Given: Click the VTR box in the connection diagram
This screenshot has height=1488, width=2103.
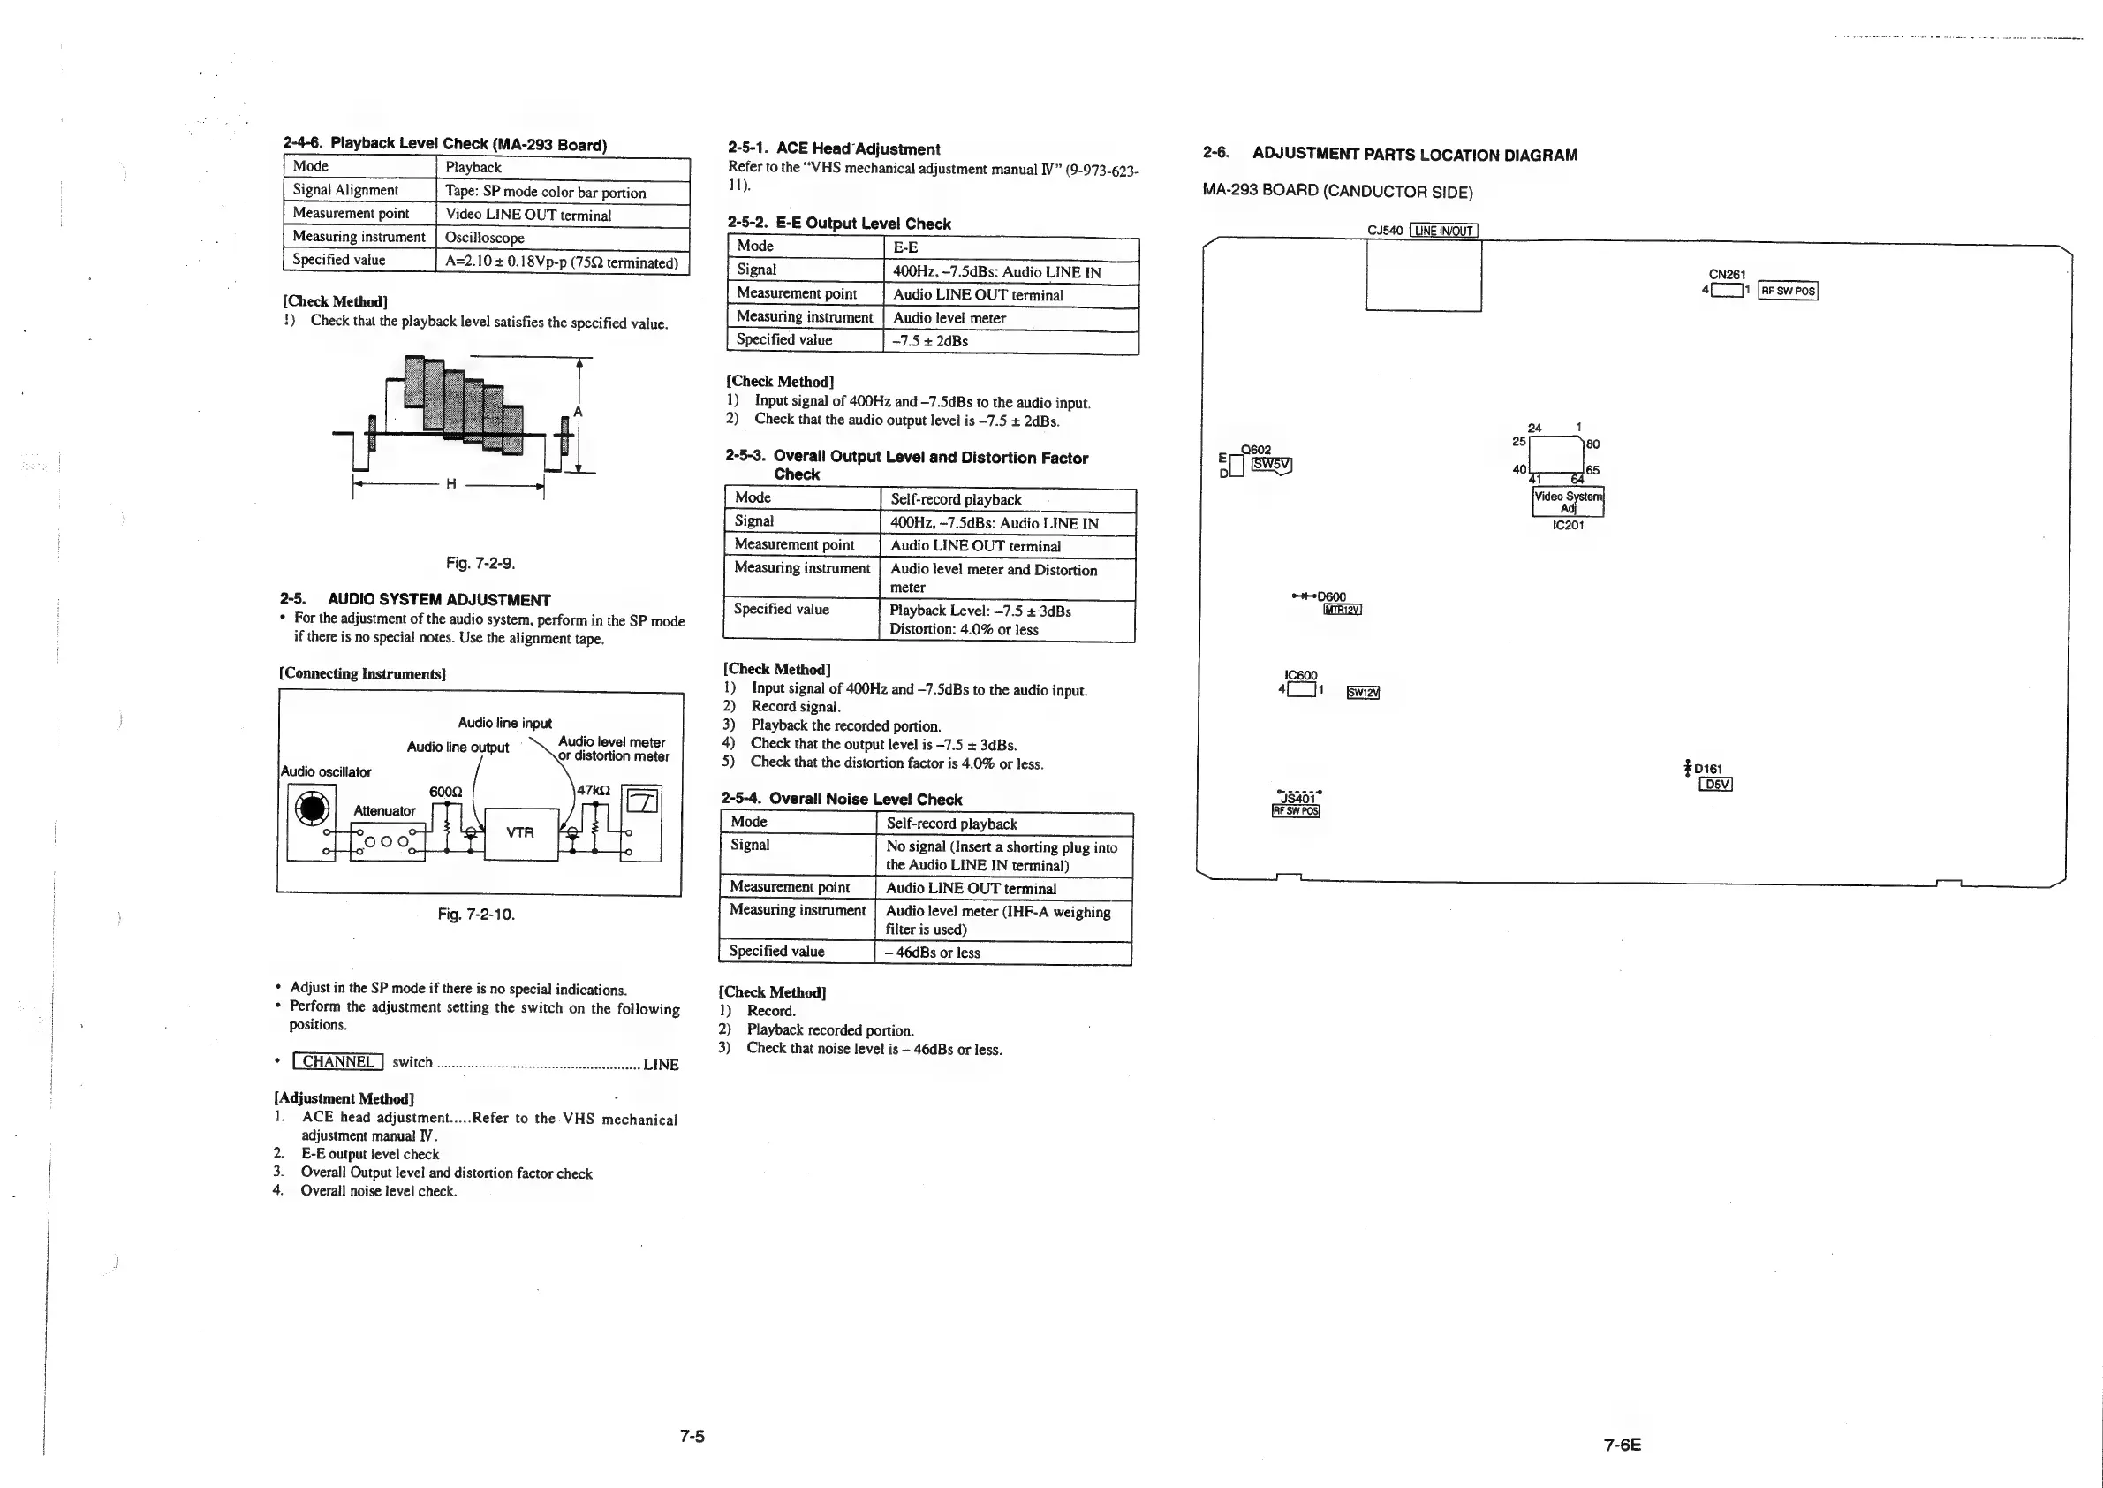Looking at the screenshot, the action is (520, 833).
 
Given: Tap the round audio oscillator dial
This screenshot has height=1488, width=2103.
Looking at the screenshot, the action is (313, 809).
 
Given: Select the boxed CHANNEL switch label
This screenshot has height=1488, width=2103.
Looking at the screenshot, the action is (338, 1062).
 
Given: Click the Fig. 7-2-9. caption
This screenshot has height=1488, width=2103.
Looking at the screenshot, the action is (480, 563).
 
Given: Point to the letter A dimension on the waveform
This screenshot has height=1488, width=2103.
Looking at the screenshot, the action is (578, 413).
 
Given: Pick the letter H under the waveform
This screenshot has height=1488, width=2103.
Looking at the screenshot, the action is (450, 484).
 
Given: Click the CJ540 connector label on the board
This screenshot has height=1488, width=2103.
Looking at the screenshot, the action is (1384, 230).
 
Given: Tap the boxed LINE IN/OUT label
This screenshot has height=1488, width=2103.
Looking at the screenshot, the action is (1443, 230).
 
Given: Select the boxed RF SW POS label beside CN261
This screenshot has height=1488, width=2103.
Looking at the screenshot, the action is (1788, 291).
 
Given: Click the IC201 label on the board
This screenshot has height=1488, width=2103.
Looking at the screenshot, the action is (1568, 525).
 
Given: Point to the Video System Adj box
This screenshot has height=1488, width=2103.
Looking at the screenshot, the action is (1568, 502).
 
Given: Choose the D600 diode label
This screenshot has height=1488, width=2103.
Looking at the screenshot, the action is (1331, 596).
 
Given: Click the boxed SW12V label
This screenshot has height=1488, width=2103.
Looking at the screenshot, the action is (1363, 693).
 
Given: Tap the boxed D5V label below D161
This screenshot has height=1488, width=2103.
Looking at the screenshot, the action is (1715, 785).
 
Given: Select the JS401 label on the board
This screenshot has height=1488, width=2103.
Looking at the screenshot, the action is (1296, 798).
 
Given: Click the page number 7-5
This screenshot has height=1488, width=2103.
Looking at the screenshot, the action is (692, 1437).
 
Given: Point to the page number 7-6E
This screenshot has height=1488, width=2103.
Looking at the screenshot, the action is (1623, 1445).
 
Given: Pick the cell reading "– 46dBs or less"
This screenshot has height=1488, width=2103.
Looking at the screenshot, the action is (933, 953).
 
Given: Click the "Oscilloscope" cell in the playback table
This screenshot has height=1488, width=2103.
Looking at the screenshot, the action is (485, 238).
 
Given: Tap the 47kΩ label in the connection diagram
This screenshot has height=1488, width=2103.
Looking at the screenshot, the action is (592, 790).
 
